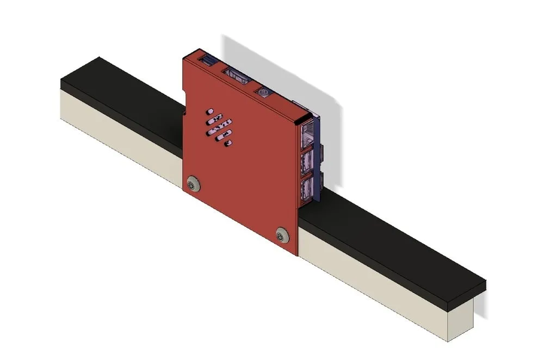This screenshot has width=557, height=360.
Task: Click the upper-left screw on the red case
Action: [x=192, y=185]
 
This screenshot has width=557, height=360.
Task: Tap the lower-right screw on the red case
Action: [x=281, y=235]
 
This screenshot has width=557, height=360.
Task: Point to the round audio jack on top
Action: [x=264, y=93]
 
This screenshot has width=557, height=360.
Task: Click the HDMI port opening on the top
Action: [x=237, y=76]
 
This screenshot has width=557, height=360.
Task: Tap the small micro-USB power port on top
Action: [x=207, y=58]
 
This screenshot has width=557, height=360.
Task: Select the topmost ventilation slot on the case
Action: [x=210, y=111]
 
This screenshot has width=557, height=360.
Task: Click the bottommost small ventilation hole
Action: [x=228, y=144]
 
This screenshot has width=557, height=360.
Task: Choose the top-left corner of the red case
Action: [x=184, y=57]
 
